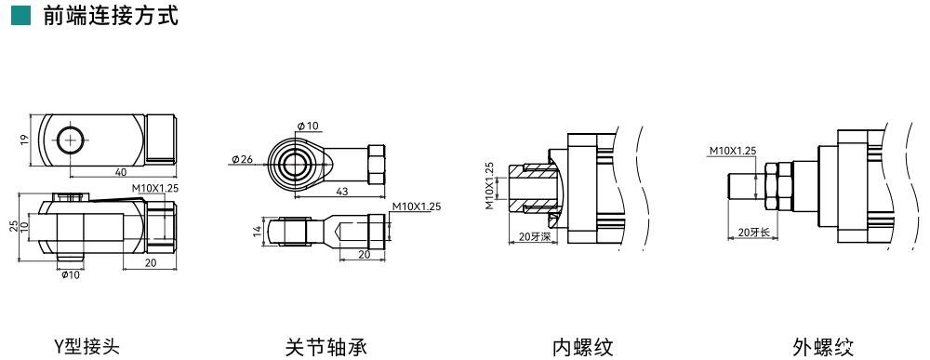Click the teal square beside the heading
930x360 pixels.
[20, 16]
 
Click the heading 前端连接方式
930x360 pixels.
[111, 16]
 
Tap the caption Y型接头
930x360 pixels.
[86, 346]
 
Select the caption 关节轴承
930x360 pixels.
[325, 346]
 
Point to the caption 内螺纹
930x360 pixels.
[582, 346]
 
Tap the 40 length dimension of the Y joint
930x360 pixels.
[120, 172]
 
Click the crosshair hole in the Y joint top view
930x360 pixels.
[72, 140]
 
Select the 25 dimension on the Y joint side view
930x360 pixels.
[14, 227]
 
